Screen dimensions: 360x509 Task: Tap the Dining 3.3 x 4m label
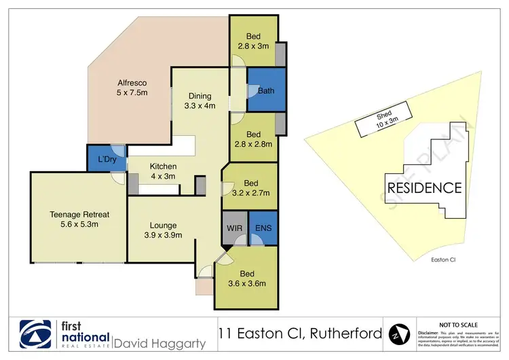[x=200, y=101]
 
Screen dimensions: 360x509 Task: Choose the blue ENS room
[x=263, y=228]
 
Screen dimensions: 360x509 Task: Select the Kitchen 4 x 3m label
[x=163, y=171]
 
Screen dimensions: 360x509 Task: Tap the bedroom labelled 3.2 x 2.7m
[x=250, y=188]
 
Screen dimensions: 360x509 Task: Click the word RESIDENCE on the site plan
[x=425, y=187]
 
